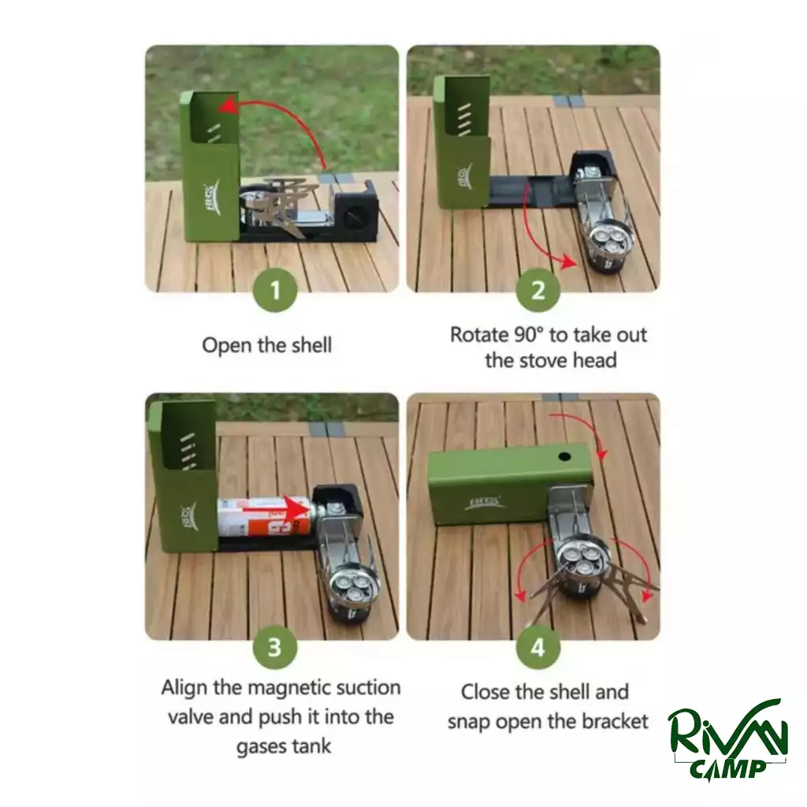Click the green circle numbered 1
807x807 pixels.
(275, 290)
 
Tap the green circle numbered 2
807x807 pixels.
(537, 290)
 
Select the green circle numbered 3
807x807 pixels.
(275, 647)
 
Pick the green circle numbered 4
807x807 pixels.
(537, 647)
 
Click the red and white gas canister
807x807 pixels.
(263, 516)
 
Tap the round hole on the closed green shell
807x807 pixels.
(564, 456)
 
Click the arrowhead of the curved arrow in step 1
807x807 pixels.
(225, 106)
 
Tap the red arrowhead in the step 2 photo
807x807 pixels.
(568, 262)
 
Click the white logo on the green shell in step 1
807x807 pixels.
(212, 199)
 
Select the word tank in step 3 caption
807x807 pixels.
(311, 746)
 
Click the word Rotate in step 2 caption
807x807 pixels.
(479, 335)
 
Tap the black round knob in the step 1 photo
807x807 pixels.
(355, 216)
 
